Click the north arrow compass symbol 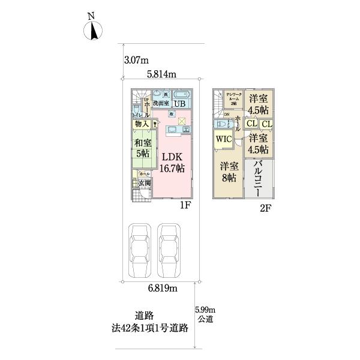click(x=94, y=28)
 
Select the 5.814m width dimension click(x=161, y=75)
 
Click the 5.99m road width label click(x=205, y=309)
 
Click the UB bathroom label click(x=180, y=103)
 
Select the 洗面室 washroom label click(x=160, y=103)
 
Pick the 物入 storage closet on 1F click(x=142, y=124)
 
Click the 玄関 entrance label click(x=144, y=183)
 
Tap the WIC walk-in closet click(x=224, y=139)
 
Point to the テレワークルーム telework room click(x=232, y=98)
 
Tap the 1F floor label click(x=185, y=205)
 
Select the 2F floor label click(x=265, y=208)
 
